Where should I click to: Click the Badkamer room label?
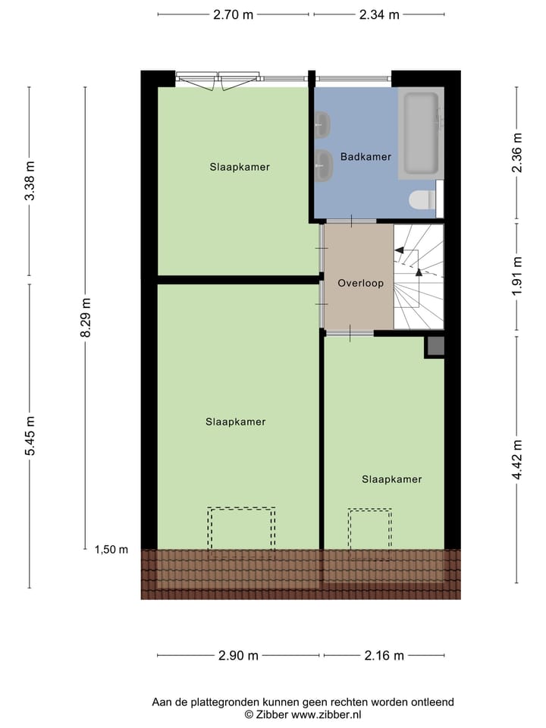click(x=366, y=157)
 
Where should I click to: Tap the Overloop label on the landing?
click(x=360, y=283)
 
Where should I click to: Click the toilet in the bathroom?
click(x=421, y=200)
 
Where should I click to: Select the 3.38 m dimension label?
click(x=30, y=181)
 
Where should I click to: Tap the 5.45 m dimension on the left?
click(x=30, y=436)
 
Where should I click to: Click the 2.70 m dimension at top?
click(x=233, y=14)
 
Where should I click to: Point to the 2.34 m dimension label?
click(x=378, y=14)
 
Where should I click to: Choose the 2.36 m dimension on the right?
click(x=517, y=152)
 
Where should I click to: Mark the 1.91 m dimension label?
click(x=517, y=276)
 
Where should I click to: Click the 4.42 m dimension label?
click(x=517, y=460)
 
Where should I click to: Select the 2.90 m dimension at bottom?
click(x=238, y=656)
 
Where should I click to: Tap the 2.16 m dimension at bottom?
click(x=384, y=656)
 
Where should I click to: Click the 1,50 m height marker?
click(x=111, y=550)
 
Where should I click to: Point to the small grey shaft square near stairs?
click(x=435, y=346)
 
